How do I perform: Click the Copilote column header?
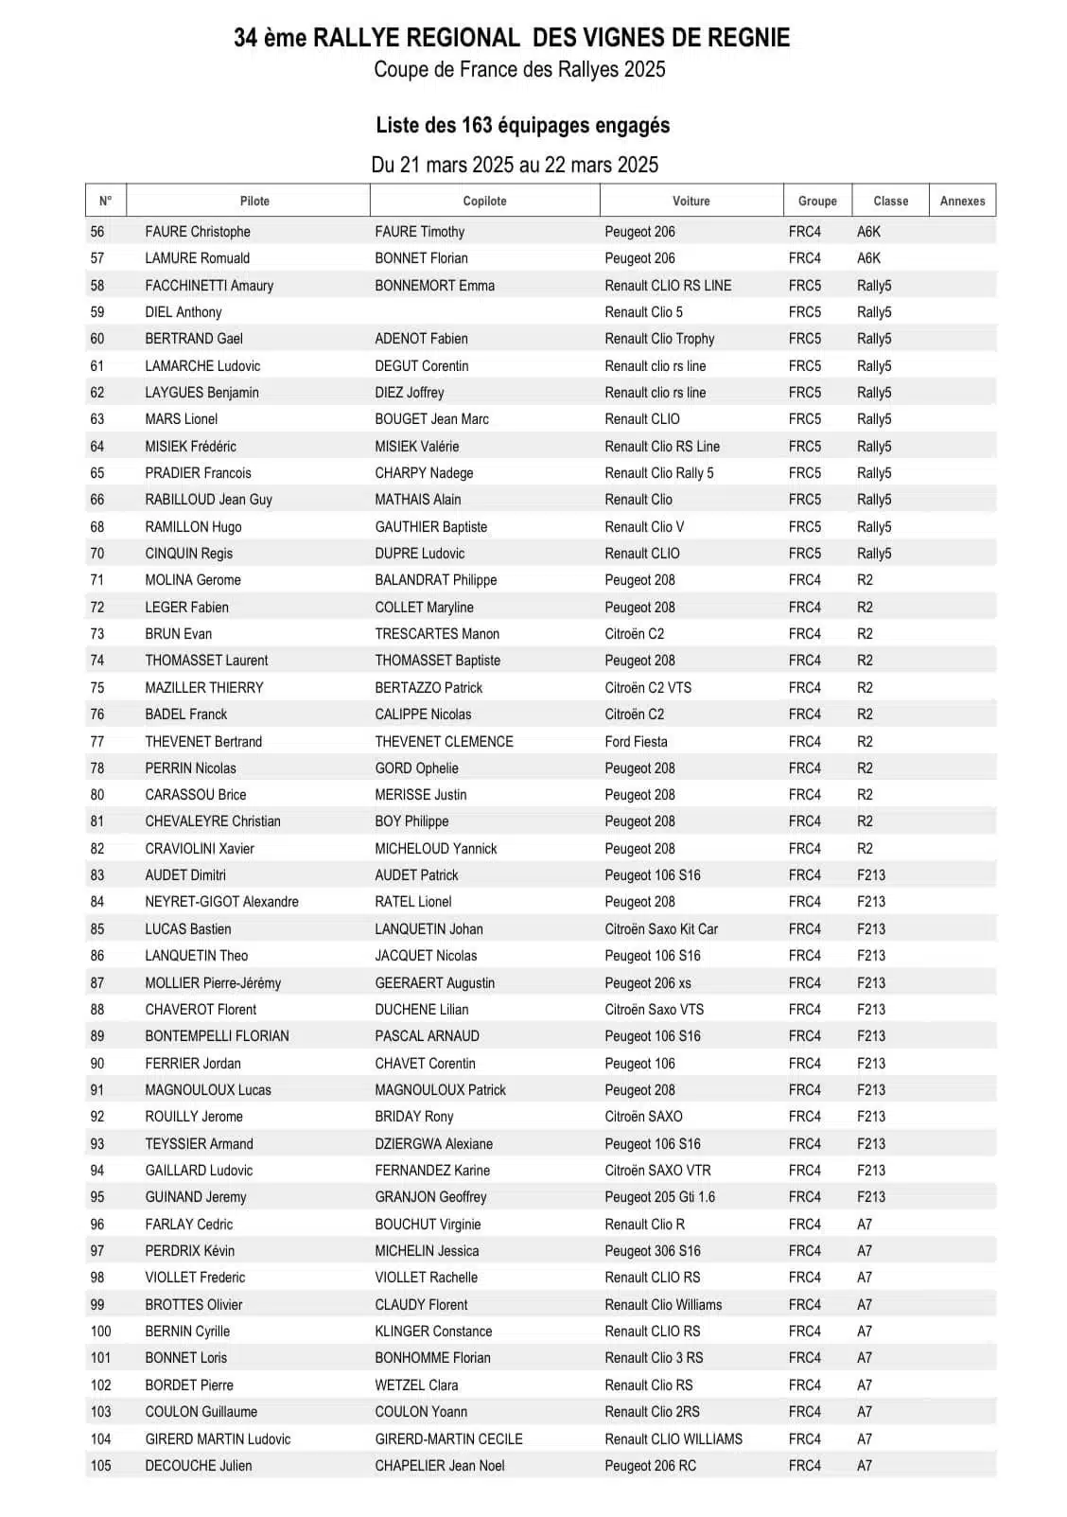coord(484,201)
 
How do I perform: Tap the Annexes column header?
coord(962,201)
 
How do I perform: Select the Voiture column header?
coord(691,201)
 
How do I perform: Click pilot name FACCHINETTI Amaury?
coord(209,285)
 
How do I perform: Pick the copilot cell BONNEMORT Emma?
coord(434,285)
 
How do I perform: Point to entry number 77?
coord(97,741)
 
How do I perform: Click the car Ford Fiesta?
coord(636,741)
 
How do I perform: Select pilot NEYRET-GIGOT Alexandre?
coord(221,902)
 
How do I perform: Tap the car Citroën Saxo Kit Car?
coord(661,928)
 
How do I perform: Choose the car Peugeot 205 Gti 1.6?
coord(659,1196)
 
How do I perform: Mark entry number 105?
coord(100,1465)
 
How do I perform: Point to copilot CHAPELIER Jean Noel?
coord(439,1465)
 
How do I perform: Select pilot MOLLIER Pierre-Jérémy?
coord(213,982)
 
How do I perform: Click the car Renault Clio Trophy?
coord(659,339)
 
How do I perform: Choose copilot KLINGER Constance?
coord(433,1331)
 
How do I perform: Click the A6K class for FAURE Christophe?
coord(868,232)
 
